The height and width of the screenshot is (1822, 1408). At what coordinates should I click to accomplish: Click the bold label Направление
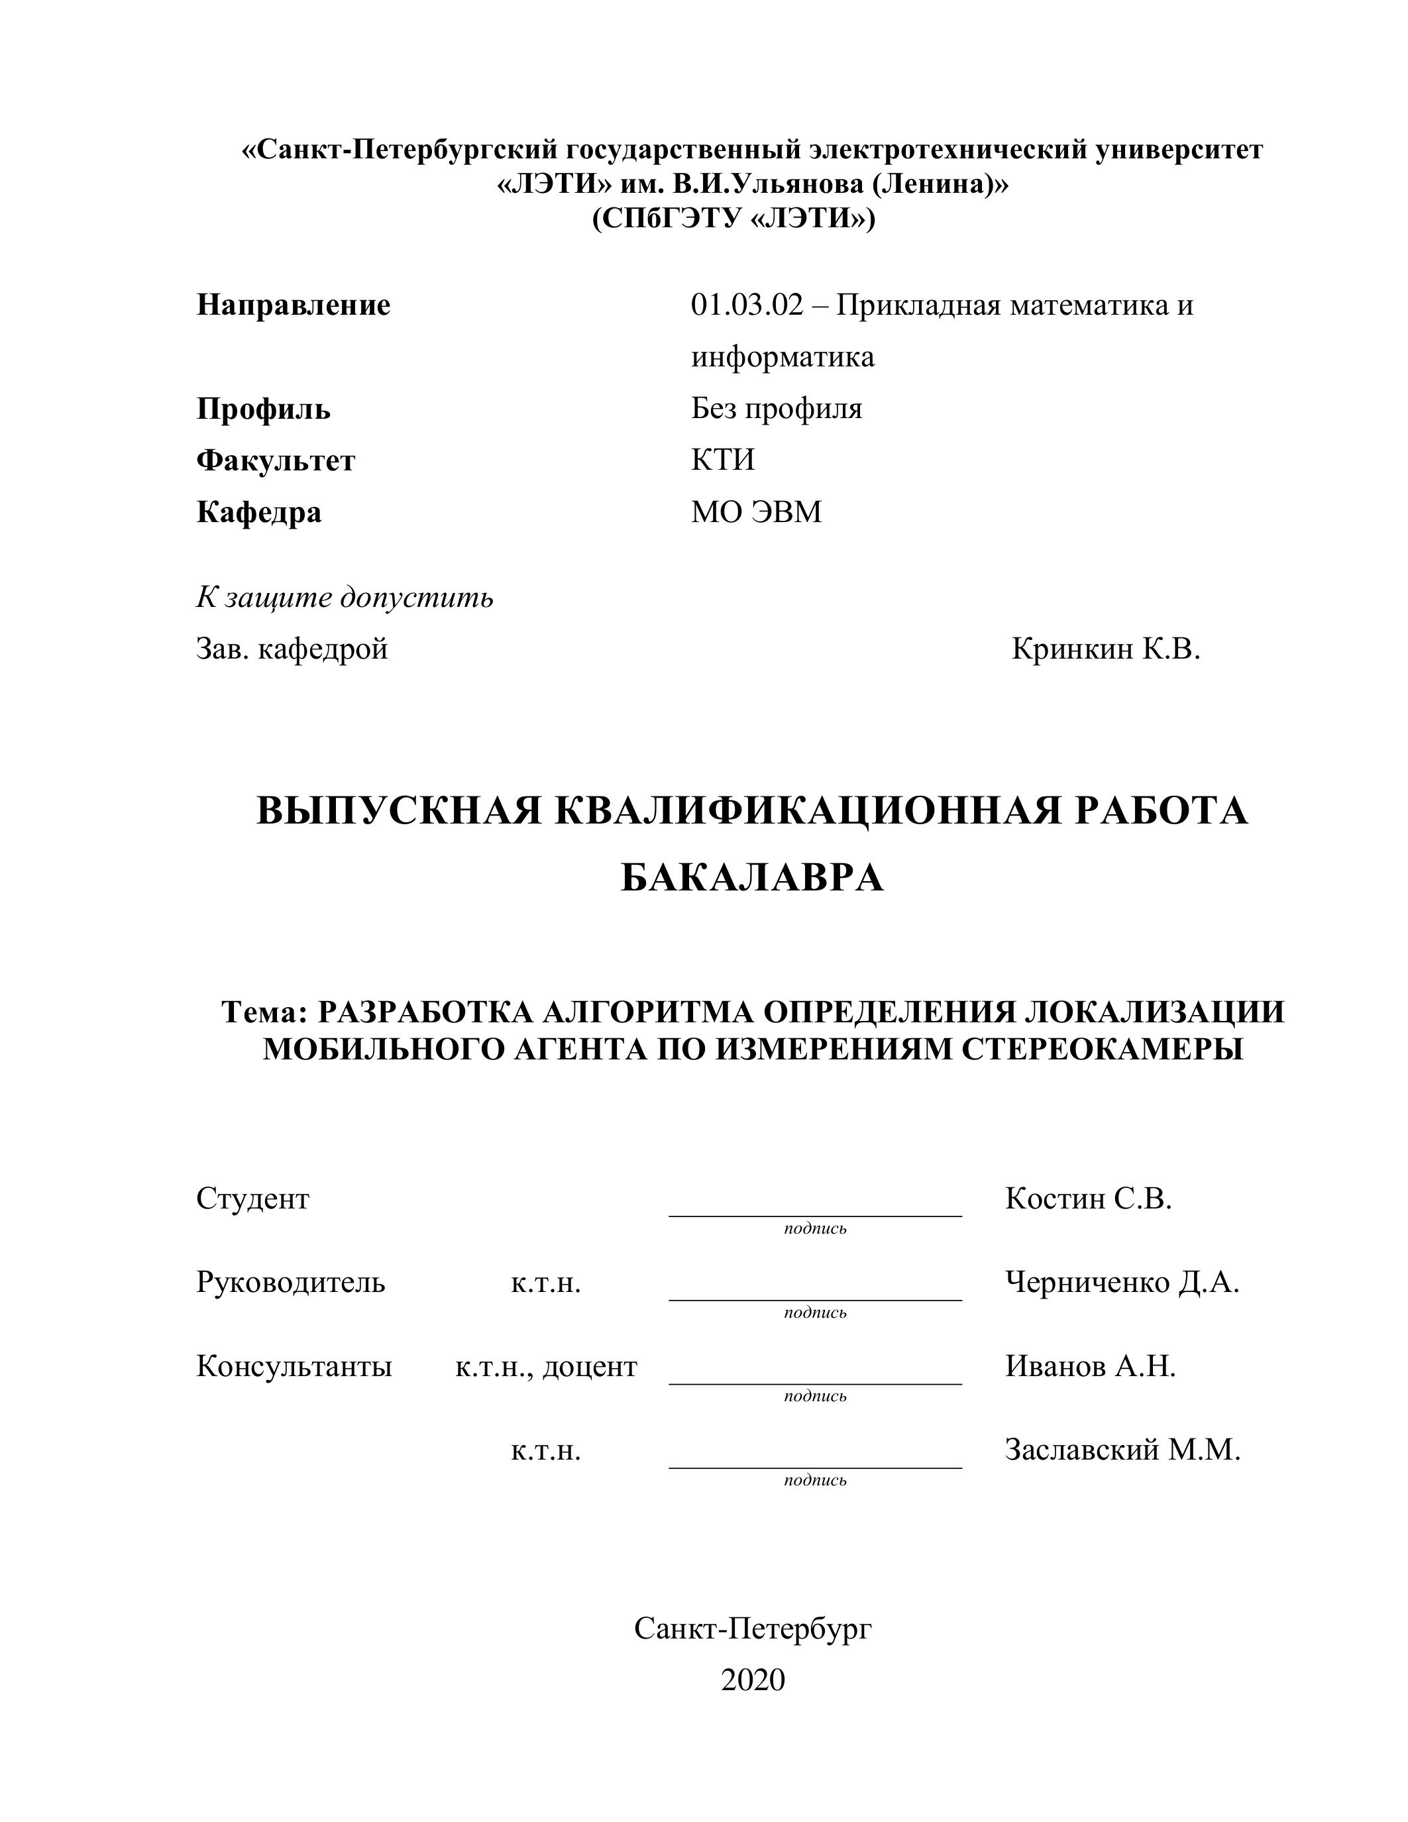tap(293, 305)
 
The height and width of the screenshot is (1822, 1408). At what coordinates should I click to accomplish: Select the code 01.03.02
tap(747, 305)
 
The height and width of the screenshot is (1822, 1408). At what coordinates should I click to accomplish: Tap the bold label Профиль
tap(264, 409)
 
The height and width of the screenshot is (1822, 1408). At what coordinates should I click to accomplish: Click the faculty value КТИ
tap(722, 460)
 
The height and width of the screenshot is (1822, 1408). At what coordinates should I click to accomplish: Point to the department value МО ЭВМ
tap(756, 511)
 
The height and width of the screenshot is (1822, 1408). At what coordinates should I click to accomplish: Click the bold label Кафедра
tap(258, 511)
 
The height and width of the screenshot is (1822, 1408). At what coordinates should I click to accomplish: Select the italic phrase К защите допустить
tap(345, 598)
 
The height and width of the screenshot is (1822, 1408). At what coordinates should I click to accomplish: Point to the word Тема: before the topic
tap(265, 1012)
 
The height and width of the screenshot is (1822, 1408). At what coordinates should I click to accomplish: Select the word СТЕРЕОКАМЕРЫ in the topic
tap(1102, 1049)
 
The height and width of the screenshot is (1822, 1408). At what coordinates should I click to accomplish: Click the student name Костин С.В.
tap(1088, 1199)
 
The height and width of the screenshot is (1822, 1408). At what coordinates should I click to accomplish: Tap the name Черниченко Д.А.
tap(1122, 1282)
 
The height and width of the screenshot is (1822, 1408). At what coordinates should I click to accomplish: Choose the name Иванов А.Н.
tap(1090, 1366)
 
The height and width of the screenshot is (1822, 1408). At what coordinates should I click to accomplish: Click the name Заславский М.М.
tap(1122, 1450)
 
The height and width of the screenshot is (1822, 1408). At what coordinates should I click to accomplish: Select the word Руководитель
tap(291, 1282)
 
